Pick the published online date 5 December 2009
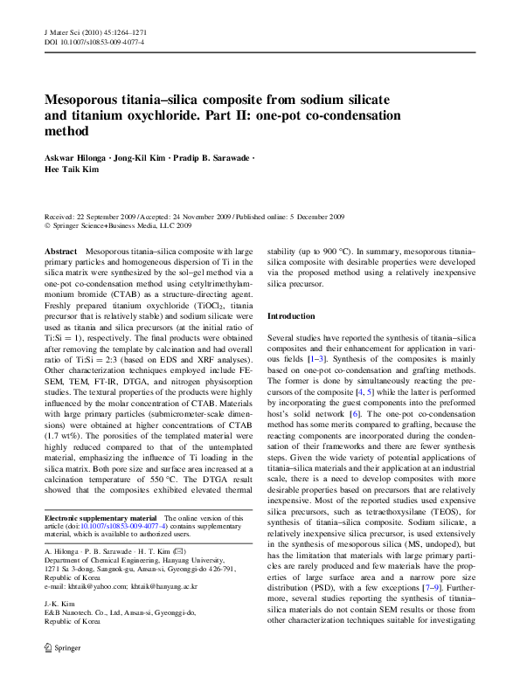coord(312,215)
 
